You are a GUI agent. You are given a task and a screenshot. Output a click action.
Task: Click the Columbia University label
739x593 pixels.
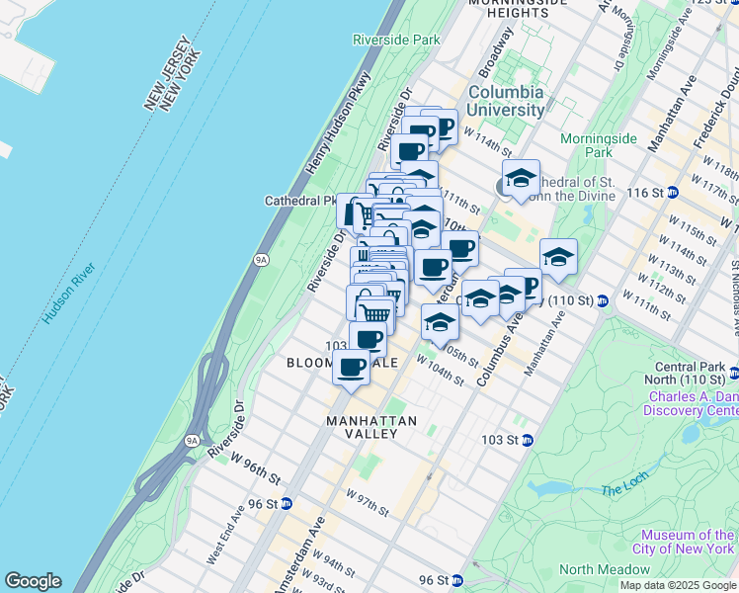pyautogui.click(x=505, y=101)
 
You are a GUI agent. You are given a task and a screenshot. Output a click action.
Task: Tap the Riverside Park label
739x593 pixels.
pyautogui.click(x=396, y=40)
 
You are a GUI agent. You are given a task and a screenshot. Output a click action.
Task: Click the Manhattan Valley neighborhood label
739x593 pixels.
pyautogui.click(x=371, y=421)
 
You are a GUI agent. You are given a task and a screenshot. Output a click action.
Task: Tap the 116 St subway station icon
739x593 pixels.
pyautogui.click(x=672, y=192)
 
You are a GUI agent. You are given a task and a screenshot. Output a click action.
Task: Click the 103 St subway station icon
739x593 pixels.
pyautogui.click(x=528, y=440)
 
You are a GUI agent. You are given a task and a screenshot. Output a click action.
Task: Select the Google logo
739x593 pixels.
pyautogui.click(x=33, y=581)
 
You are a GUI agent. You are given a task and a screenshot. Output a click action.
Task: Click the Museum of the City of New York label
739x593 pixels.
pyautogui.click(x=684, y=542)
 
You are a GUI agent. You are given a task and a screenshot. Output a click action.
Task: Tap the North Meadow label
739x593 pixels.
pyautogui.click(x=605, y=569)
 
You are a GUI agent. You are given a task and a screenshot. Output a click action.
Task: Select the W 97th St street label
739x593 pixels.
pyautogui.click(x=367, y=500)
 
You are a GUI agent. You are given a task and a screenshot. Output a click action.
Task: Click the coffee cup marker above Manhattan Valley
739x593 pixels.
pyautogui.click(x=352, y=368)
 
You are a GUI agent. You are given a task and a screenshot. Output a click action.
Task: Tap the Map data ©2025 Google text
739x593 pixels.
pyautogui.click(x=679, y=585)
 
